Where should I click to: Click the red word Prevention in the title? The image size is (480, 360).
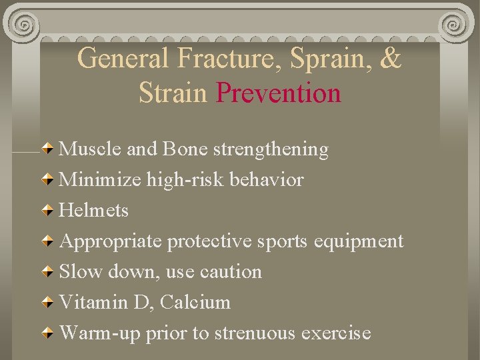pyautogui.click(x=279, y=93)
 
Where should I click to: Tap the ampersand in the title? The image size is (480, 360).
pyautogui.click(x=390, y=58)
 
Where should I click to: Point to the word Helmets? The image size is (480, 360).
pyautogui.click(x=93, y=211)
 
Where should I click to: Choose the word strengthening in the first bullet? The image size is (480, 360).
pyautogui.click(x=271, y=150)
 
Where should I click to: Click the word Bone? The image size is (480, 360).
pyautogui.click(x=185, y=149)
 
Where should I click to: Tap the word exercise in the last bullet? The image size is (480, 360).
pyautogui.click(x=337, y=333)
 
